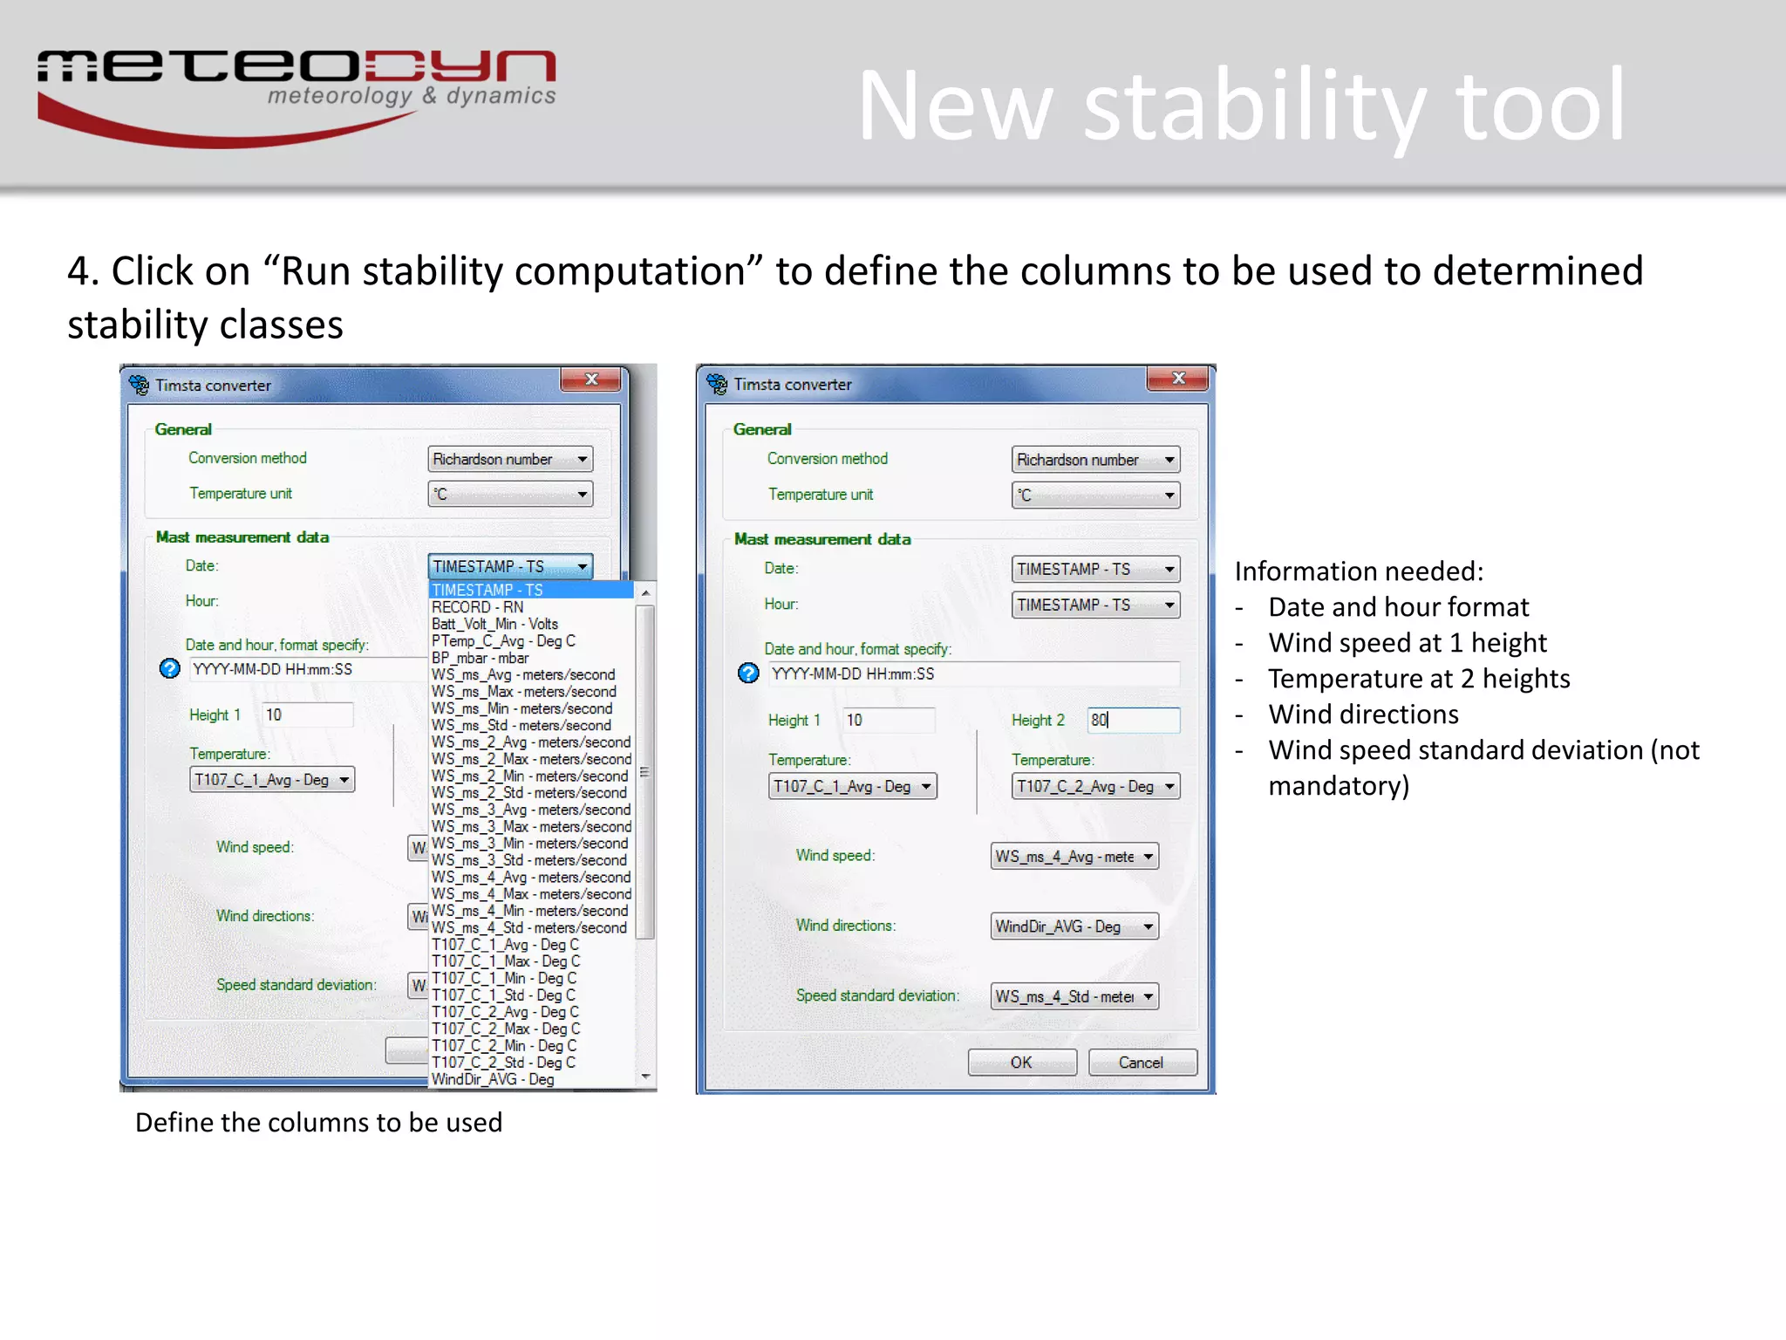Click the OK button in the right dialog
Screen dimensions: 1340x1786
click(x=1021, y=1062)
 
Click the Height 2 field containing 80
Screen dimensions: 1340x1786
click(x=1133, y=720)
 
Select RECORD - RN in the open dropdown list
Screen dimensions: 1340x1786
click(x=478, y=607)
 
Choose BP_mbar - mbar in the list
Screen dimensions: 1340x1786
click(x=481, y=658)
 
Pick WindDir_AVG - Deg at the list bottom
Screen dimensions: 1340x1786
click(x=493, y=1079)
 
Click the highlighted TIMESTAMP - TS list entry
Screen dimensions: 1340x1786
click(x=487, y=591)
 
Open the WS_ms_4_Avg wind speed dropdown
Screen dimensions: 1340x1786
click(x=1074, y=857)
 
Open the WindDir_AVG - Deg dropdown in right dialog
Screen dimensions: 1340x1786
click(x=1074, y=926)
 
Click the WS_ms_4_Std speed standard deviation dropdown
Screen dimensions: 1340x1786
click(x=1074, y=996)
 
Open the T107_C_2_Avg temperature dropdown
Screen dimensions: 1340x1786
click(x=1095, y=786)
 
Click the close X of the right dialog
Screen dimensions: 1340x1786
click(x=1178, y=379)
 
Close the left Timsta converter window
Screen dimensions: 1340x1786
click(x=591, y=379)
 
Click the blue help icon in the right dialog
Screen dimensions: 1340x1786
click(x=748, y=673)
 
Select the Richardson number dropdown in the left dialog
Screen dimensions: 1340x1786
click(x=510, y=459)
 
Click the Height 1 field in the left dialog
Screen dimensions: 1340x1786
click(x=307, y=714)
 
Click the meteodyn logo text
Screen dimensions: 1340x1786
click(x=297, y=70)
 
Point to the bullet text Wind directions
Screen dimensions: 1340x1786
click(x=1363, y=714)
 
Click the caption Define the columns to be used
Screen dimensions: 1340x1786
click(x=318, y=1122)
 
